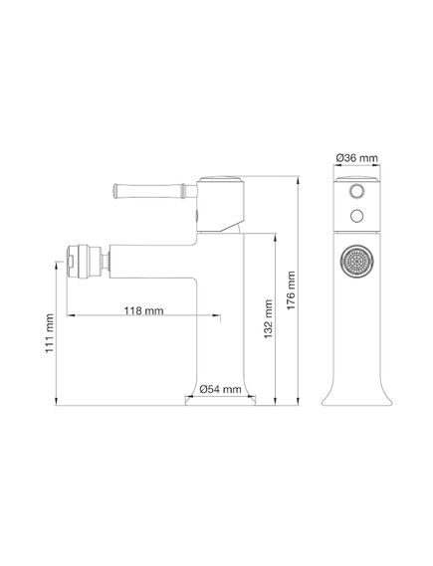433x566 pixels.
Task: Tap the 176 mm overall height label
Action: [x=291, y=290]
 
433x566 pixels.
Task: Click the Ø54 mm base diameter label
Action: [x=218, y=389]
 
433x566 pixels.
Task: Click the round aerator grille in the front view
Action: [x=355, y=263]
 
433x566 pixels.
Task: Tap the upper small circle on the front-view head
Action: [x=355, y=189]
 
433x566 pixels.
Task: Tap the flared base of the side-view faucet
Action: [x=228, y=399]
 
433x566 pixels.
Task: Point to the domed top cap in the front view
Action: [x=355, y=177]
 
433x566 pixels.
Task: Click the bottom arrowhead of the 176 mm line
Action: [x=301, y=403]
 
